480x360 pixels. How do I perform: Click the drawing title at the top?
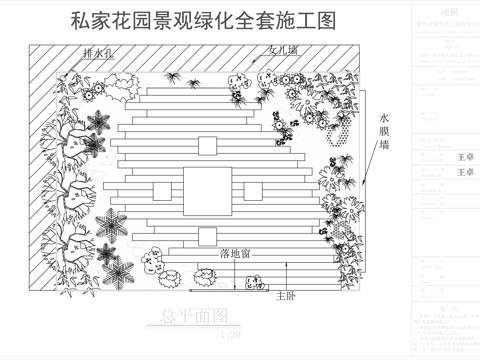(x=203, y=21)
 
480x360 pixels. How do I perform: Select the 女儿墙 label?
(x=284, y=50)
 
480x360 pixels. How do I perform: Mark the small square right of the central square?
(x=254, y=190)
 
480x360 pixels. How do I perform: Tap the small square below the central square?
(x=206, y=235)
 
